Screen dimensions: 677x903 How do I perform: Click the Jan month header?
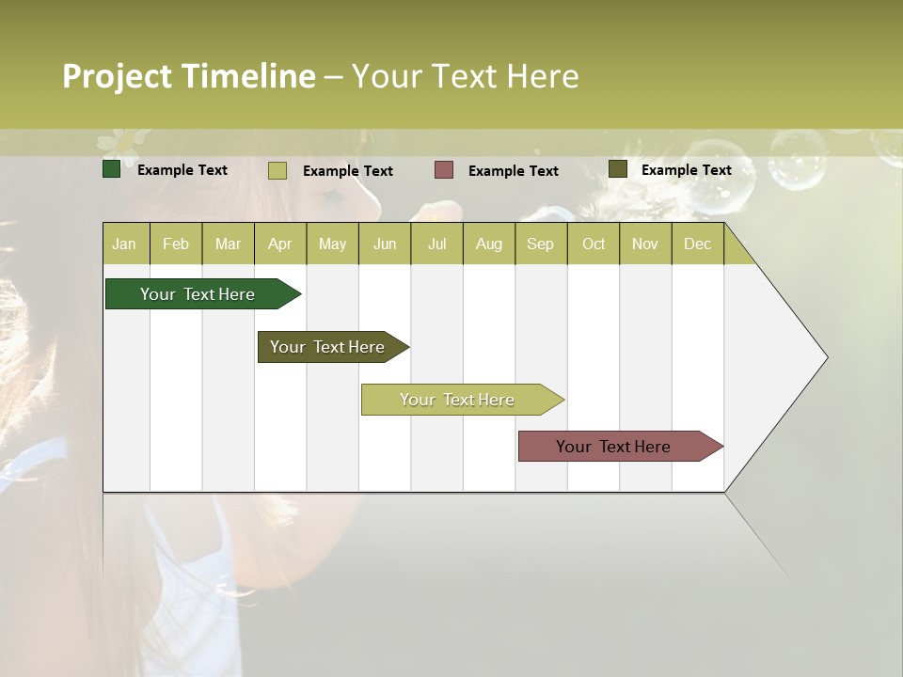coord(124,244)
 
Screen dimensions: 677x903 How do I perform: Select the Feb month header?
coord(176,244)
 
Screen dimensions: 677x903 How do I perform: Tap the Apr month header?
coord(279,244)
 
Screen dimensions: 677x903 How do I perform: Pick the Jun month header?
coord(385,244)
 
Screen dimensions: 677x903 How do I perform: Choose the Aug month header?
coord(488,244)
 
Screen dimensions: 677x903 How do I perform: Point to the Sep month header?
coord(540,244)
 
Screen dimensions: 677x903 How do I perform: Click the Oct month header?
coord(594,244)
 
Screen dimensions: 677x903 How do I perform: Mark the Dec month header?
coord(697,244)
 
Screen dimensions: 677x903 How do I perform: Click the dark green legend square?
coord(111,169)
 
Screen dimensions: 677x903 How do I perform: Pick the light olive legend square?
coord(277,170)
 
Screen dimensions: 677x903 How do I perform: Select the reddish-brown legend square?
coord(443,169)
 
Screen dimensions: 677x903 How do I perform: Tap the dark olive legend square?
coord(617,169)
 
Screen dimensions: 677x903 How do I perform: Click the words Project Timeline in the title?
coord(188,76)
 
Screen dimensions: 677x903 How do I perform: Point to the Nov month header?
coord(644,244)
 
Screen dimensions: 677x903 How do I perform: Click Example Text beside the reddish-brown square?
coord(513,170)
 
